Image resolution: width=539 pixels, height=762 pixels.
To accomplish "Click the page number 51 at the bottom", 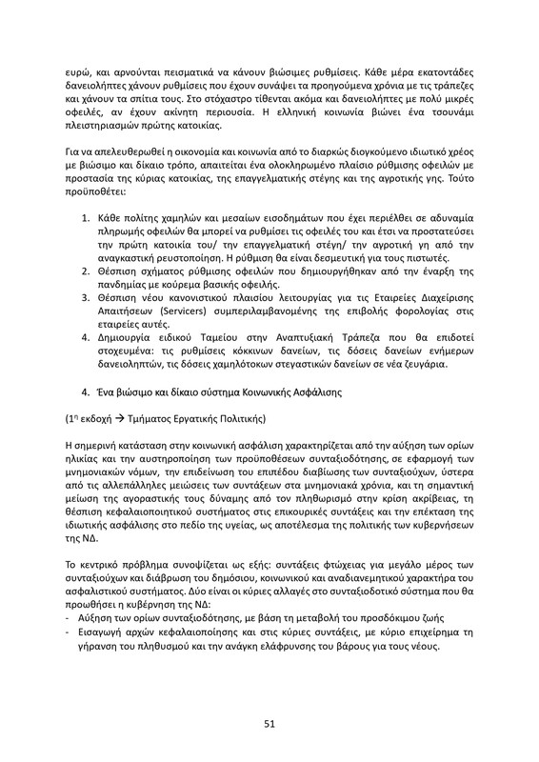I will (x=269, y=724).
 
